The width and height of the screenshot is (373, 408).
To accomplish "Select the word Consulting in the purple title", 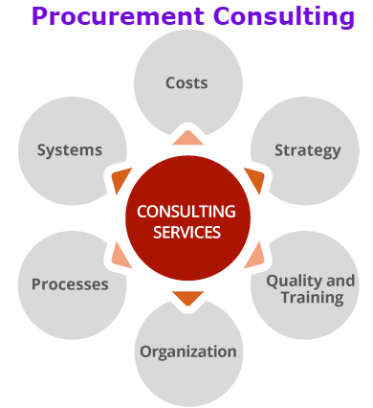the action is [x=284, y=16].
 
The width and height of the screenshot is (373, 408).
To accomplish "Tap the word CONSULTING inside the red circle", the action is [x=186, y=212].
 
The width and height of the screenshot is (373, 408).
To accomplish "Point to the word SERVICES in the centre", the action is [x=186, y=233].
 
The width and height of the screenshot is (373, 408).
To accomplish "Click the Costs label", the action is [x=186, y=83].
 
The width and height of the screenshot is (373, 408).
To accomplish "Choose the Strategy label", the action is [x=307, y=150].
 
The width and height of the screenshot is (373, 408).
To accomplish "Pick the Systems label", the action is [x=69, y=150].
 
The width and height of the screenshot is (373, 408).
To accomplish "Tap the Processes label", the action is [x=70, y=284].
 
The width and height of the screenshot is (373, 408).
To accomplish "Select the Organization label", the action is [x=187, y=351].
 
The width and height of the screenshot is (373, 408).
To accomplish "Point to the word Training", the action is [x=312, y=297].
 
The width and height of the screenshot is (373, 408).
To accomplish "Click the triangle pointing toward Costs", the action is [x=187, y=138].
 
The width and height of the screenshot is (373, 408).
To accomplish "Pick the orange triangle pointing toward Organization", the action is [x=187, y=297].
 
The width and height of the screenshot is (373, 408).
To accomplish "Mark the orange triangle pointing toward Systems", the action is [x=121, y=179].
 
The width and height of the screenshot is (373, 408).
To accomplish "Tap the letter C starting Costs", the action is [x=170, y=83].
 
